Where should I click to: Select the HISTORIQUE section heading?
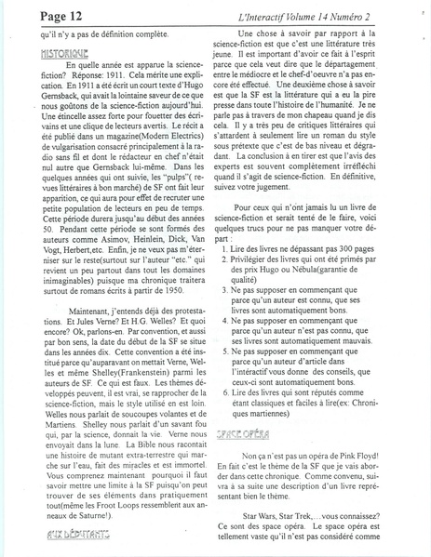point(38,54)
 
